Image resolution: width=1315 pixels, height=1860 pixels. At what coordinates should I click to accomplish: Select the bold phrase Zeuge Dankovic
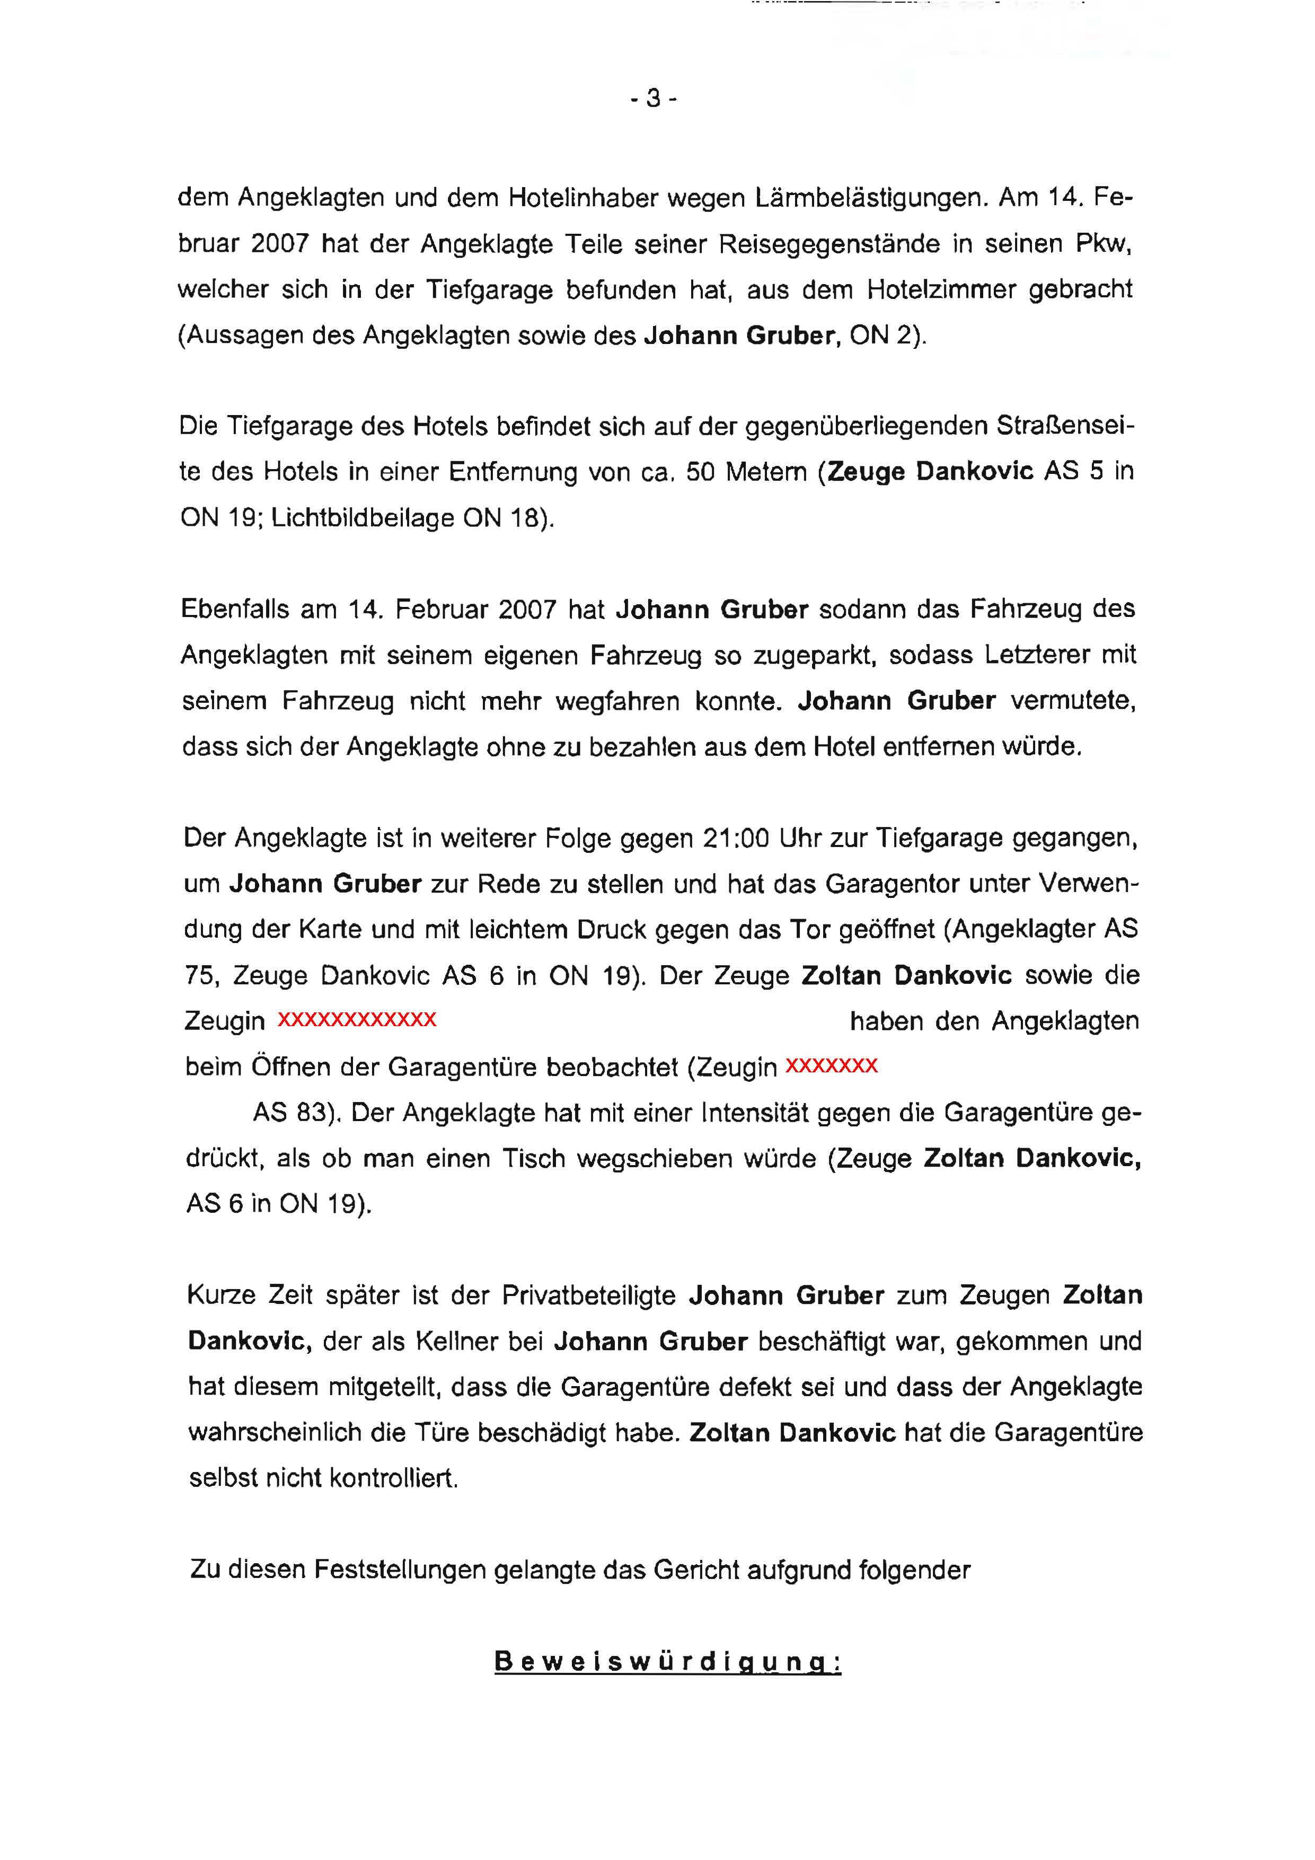929,471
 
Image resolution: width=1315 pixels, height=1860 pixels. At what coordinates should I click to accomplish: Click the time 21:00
735,838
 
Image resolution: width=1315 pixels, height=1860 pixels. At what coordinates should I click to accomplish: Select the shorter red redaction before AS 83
831,1064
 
